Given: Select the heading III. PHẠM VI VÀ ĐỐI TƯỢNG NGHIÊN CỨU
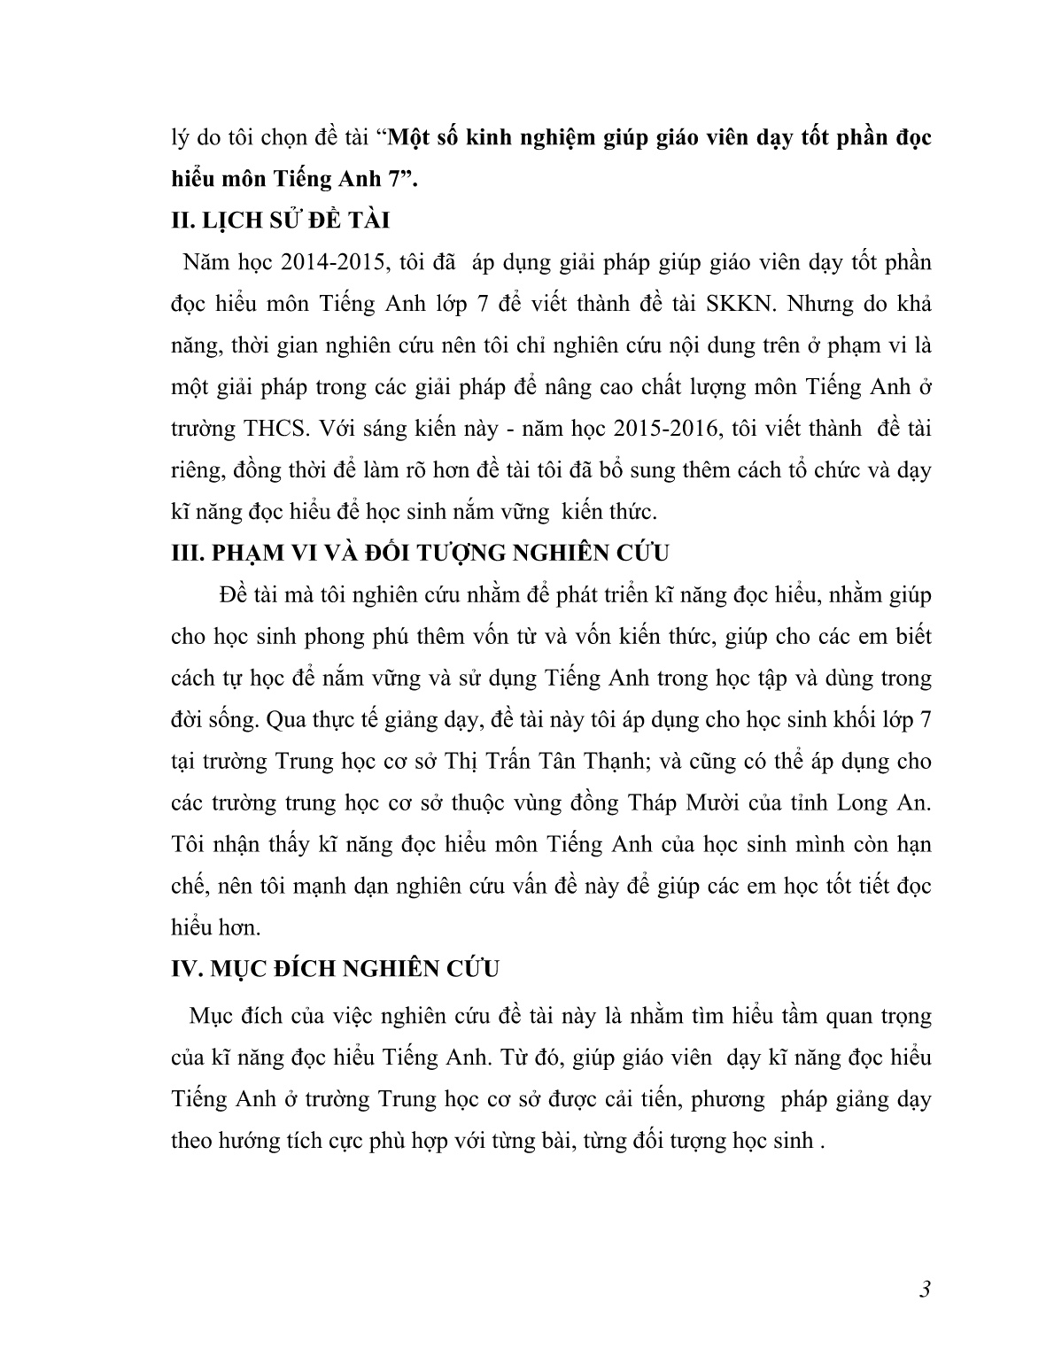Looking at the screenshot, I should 420,553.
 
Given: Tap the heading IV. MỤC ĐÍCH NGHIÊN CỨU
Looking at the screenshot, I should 335,968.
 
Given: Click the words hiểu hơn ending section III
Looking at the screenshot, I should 215,927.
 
